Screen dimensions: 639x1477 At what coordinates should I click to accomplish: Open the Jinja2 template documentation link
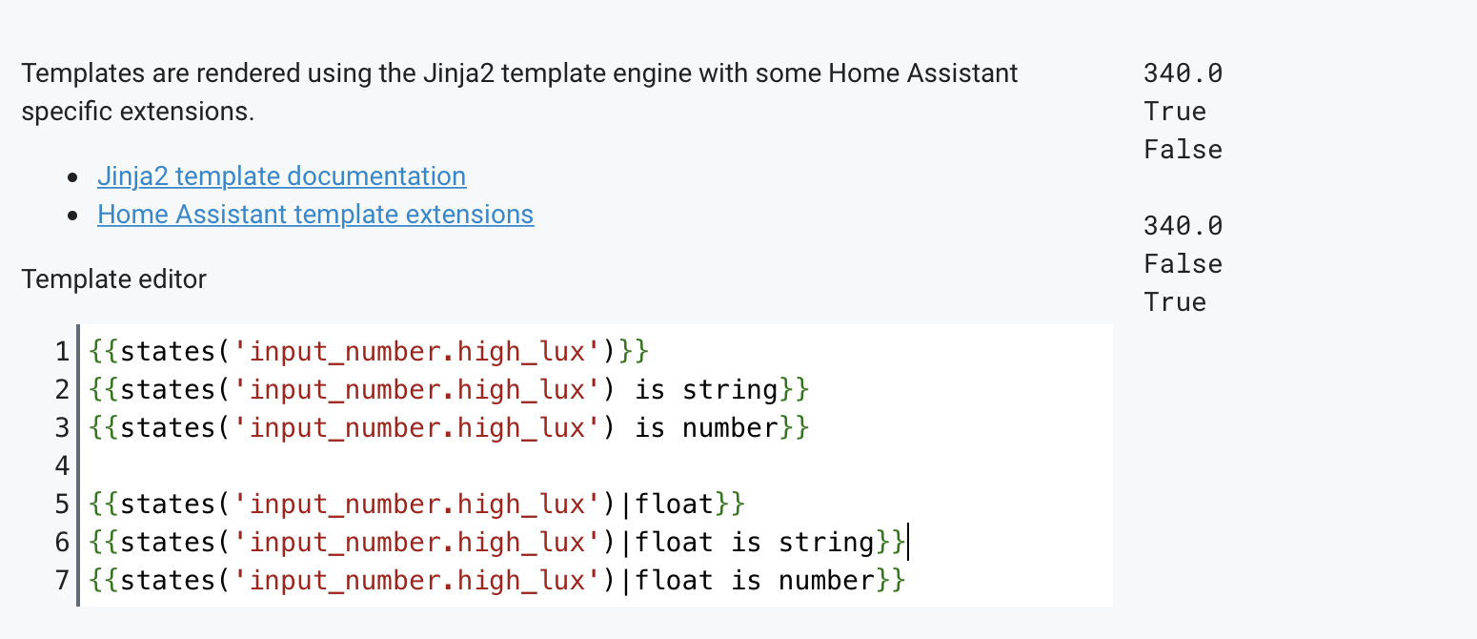pyautogui.click(x=281, y=176)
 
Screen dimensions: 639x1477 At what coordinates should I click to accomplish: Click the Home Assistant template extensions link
pyautogui.click(x=315, y=215)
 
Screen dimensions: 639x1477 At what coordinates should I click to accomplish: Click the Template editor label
pyautogui.click(x=113, y=279)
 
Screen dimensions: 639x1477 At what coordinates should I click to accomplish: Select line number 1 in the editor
pyautogui.click(x=63, y=352)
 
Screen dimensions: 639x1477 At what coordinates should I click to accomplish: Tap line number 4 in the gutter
pyautogui.click(x=63, y=466)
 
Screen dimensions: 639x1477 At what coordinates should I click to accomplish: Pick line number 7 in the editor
pyautogui.click(x=63, y=580)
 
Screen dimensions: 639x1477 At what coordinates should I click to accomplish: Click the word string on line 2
pyautogui.click(x=730, y=390)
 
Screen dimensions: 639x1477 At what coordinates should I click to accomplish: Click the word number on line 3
pyautogui.click(x=730, y=428)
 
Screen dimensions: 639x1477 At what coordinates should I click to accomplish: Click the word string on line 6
pyautogui.click(x=826, y=543)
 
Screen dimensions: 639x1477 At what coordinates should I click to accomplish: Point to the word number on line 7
pyautogui.click(x=826, y=580)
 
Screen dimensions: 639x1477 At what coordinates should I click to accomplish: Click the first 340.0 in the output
pyautogui.click(x=1183, y=73)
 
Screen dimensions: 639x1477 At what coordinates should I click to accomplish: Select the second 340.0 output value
pyautogui.click(x=1183, y=226)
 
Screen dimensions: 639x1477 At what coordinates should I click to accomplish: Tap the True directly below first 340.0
pyautogui.click(x=1175, y=112)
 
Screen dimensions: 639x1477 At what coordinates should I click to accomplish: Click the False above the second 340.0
pyautogui.click(x=1183, y=150)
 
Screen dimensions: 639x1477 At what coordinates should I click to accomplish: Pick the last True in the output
pyautogui.click(x=1175, y=302)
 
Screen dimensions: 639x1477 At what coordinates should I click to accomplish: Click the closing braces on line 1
pyautogui.click(x=633, y=352)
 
